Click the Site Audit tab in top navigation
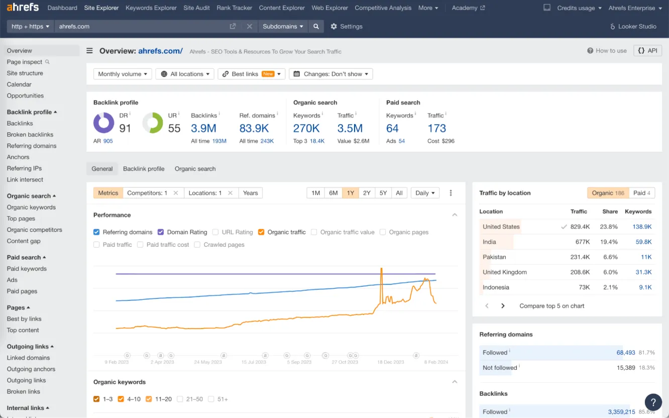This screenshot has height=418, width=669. (x=196, y=8)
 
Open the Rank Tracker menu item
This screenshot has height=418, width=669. (x=234, y=8)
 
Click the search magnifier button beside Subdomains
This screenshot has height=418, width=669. (x=316, y=27)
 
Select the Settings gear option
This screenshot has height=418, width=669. (x=346, y=27)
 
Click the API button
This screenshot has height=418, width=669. (x=647, y=51)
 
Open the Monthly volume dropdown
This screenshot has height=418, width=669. (x=123, y=74)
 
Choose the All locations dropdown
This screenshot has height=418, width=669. (x=185, y=74)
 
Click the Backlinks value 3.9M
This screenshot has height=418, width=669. (x=203, y=128)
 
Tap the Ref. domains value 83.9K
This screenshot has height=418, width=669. (x=254, y=128)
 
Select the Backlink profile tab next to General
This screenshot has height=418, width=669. (x=144, y=169)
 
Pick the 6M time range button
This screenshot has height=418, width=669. (x=333, y=193)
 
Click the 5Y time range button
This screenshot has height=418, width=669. (x=383, y=193)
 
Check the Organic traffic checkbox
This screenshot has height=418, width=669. (x=261, y=232)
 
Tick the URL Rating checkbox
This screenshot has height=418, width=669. (x=215, y=232)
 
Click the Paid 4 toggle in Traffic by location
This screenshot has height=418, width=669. (x=641, y=193)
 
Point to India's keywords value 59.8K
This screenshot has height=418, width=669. (x=643, y=242)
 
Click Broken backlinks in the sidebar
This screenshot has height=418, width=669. (x=30, y=135)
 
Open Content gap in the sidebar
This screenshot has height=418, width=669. (x=24, y=241)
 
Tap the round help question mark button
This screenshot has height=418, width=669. (x=653, y=402)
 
